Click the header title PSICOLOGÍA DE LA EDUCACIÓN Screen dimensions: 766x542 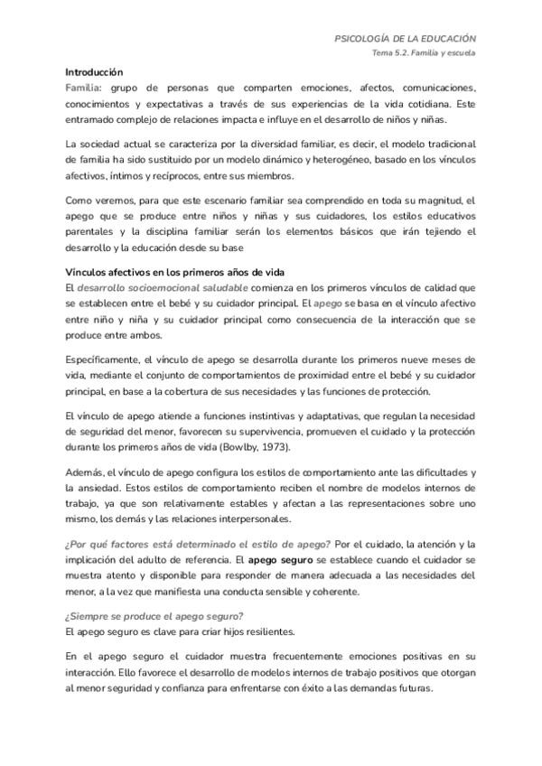coord(406,39)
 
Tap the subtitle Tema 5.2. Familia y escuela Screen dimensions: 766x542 coord(424,53)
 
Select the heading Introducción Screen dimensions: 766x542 coord(94,72)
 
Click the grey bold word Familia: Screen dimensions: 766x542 coord(83,89)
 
